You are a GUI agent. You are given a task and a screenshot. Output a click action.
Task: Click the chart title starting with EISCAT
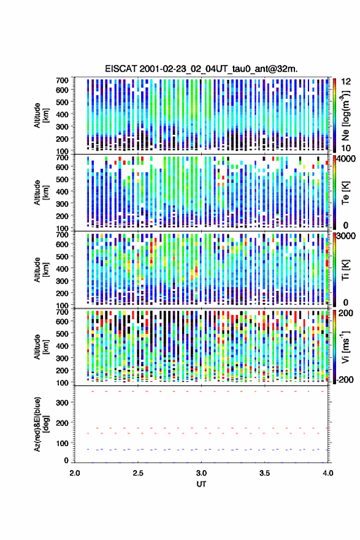tap(201, 69)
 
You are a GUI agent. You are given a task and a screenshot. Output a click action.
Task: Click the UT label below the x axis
tap(201, 484)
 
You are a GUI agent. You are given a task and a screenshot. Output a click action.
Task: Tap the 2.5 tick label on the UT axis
tap(138, 473)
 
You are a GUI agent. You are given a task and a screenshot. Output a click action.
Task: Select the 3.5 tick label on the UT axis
tap(265, 473)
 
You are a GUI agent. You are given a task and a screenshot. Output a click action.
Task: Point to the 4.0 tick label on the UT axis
tap(328, 473)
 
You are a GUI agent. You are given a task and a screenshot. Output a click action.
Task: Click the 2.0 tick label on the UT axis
tap(75, 473)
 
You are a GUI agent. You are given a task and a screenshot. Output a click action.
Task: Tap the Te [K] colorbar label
tap(345, 193)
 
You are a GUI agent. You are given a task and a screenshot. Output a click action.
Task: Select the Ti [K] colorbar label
tap(345, 269)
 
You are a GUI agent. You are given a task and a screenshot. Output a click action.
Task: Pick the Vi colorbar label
tap(345, 347)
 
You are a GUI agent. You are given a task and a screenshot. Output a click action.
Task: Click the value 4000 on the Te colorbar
tap(347, 159)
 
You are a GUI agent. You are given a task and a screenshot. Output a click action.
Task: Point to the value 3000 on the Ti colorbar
tap(347, 236)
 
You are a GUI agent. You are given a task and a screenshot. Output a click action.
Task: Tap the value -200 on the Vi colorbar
tap(345, 379)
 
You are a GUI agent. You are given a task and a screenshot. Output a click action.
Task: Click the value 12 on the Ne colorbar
tap(347, 82)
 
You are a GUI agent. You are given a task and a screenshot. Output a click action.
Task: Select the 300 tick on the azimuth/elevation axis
tap(63, 403)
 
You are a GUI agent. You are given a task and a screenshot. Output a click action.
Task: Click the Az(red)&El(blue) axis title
tap(41, 424)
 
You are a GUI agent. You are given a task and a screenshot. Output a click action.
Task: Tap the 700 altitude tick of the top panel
tap(63, 80)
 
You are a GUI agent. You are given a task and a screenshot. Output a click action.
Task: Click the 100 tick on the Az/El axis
tap(63, 443)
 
